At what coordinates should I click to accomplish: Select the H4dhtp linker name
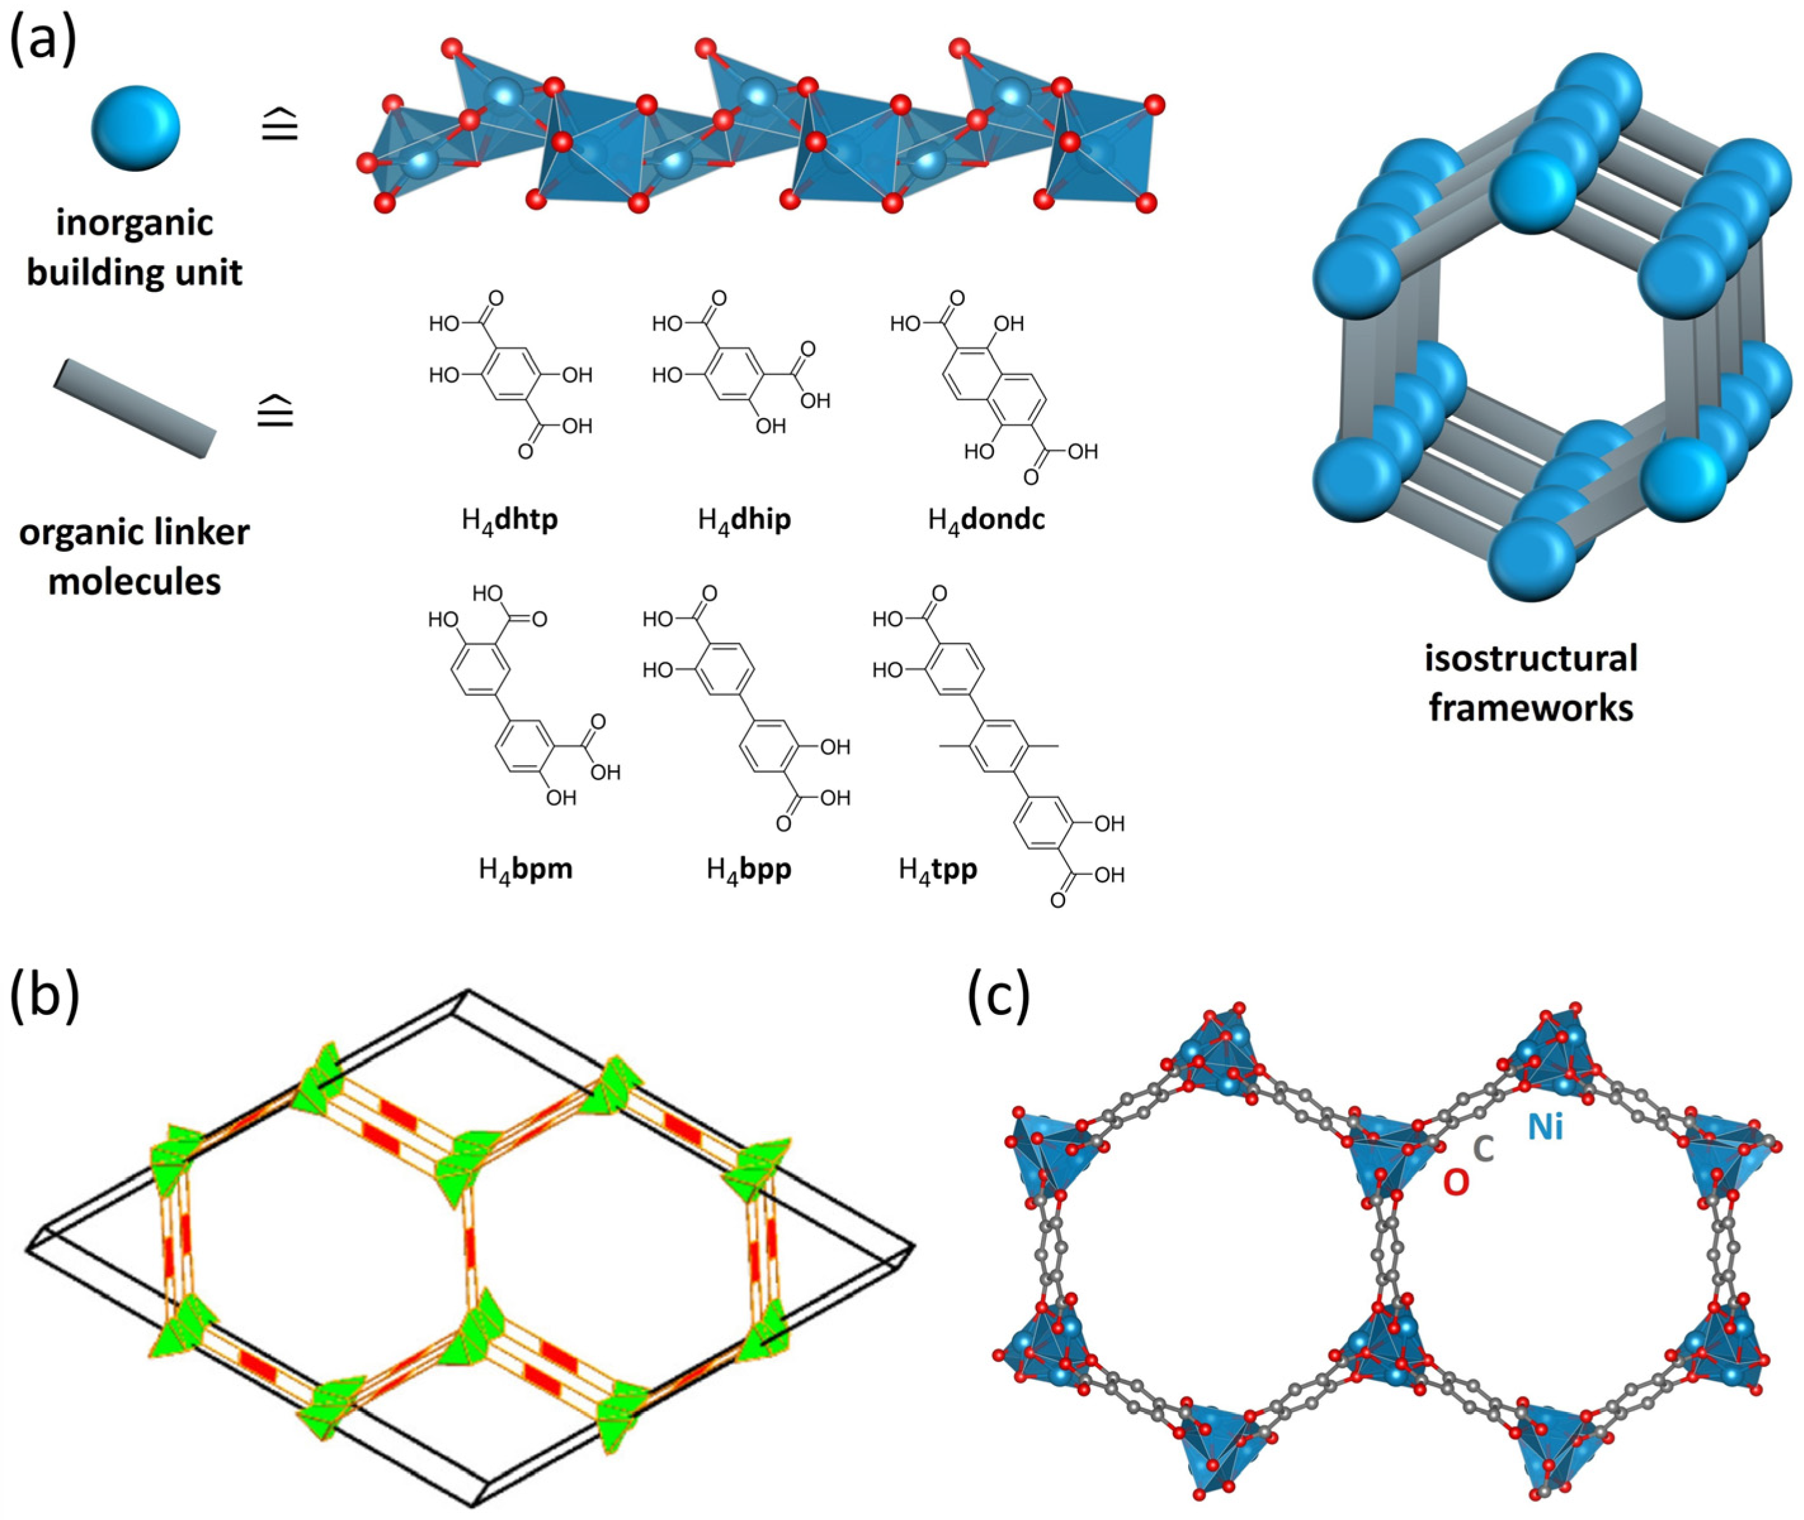point(509,520)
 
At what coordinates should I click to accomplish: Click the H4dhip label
point(743,520)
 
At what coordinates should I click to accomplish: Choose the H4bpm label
point(525,868)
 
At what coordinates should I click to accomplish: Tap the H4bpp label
point(748,868)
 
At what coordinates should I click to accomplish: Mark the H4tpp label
point(938,868)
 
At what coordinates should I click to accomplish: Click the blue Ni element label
point(1546,1126)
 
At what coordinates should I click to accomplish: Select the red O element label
point(1455,1183)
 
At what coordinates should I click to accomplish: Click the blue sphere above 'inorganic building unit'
point(135,128)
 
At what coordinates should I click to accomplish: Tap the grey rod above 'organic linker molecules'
point(134,409)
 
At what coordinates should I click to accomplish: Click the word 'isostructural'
point(1530,658)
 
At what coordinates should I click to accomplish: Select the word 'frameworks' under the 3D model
point(1530,709)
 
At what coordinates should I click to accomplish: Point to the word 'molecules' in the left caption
point(134,582)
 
